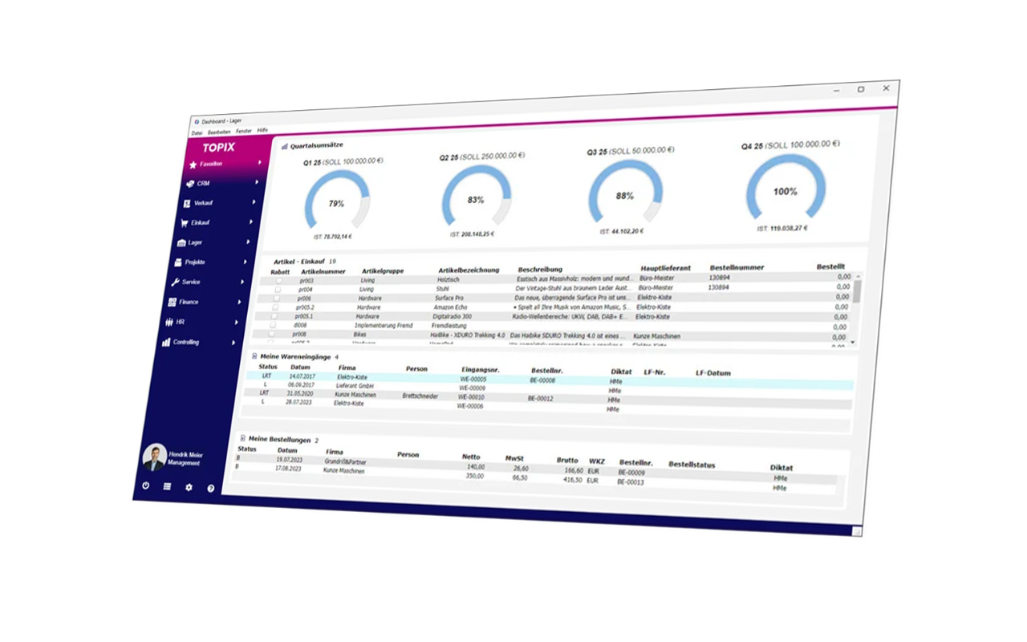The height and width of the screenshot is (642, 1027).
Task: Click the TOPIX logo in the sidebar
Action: (x=218, y=148)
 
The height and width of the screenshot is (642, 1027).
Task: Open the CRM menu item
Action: (x=203, y=184)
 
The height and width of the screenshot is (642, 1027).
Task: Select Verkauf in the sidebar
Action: (x=203, y=203)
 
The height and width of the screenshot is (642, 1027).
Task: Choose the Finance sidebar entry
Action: (x=189, y=302)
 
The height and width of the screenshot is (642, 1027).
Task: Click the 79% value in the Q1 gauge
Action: (x=336, y=204)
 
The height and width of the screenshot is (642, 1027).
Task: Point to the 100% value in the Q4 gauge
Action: (x=785, y=192)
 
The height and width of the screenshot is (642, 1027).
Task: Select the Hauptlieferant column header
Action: (x=665, y=268)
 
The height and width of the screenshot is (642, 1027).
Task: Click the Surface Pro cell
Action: (x=449, y=298)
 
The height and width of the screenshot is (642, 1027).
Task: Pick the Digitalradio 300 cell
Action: (x=453, y=316)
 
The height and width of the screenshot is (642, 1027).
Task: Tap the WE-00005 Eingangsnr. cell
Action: (x=473, y=379)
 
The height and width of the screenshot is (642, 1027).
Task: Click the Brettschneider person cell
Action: (x=420, y=396)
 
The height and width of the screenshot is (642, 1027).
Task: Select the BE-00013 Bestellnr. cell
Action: (x=631, y=482)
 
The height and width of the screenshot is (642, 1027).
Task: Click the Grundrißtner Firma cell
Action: (x=346, y=462)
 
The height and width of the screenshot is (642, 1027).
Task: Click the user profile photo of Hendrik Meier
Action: (x=154, y=457)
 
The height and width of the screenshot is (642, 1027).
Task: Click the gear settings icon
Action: (x=189, y=487)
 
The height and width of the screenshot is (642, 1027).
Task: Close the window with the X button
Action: (x=886, y=88)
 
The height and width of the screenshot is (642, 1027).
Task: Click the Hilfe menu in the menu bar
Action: (x=262, y=130)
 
